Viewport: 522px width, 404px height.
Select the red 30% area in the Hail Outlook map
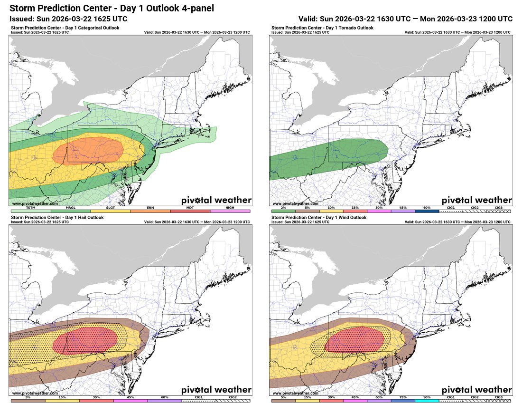[x=85, y=340]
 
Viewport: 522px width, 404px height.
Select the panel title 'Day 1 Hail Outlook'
[x=59, y=218]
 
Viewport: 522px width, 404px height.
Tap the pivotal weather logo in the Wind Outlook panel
[x=477, y=390]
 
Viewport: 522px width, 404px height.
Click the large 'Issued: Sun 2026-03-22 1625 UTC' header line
[x=68, y=19]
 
